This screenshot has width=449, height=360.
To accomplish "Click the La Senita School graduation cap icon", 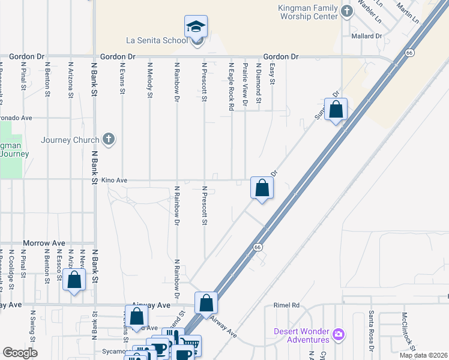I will pos(196,26).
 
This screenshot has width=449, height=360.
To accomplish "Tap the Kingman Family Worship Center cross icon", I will pos(346,11).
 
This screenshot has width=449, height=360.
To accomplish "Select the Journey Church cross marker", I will pos(108,140).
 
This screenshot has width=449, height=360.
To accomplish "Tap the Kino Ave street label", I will pos(115,180).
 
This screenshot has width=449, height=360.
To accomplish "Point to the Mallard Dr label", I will pos(366,37).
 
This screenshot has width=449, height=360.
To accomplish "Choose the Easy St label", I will pos(272,74).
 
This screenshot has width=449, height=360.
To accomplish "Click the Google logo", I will pos(20,353).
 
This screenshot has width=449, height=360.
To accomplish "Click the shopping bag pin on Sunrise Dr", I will pos(336,110).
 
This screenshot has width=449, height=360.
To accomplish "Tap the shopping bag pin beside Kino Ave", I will pos(262,188).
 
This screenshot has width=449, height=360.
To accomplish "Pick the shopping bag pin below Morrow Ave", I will pos(74,280).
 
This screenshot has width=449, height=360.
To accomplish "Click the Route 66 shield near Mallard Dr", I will pos(409,53).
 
